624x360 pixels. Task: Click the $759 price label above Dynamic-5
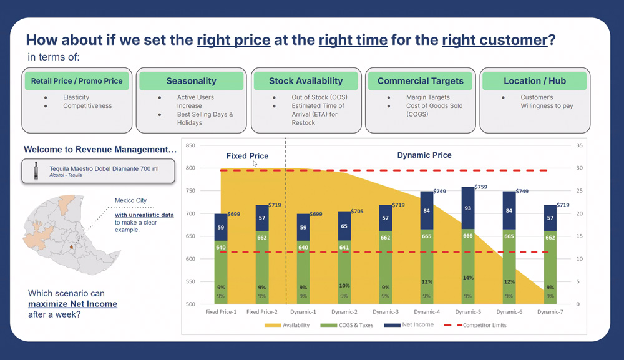(480, 187)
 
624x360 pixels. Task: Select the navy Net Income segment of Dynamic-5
(468, 208)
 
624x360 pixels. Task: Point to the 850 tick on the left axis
(190, 145)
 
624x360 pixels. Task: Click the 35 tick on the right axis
(579, 145)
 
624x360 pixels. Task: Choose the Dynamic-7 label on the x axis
(550, 311)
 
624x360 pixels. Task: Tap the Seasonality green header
(191, 81)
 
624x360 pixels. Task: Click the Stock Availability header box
(306, 81)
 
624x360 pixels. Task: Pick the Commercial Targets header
(421, 81)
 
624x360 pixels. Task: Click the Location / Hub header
(535, 81)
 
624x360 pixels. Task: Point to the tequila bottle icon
(36, 171)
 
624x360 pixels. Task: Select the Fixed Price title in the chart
(247, 156)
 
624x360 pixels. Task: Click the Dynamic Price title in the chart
(424, 155)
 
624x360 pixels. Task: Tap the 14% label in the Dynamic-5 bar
(467, 277)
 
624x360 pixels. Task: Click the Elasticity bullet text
(76, 97)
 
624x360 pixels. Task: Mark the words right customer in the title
(494, 41)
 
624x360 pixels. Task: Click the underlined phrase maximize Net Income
(72, 304)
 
